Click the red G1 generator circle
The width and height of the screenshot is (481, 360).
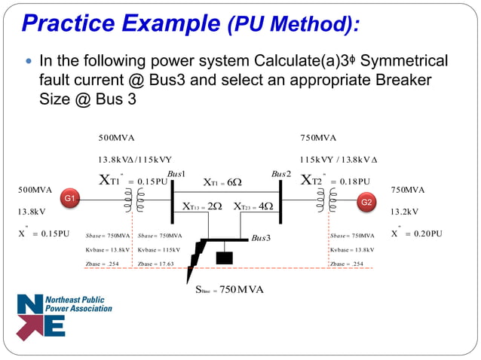point(69,198)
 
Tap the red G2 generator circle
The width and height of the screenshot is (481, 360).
point(366,202)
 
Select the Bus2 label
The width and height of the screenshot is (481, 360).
point(281,174)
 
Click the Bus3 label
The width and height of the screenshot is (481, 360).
point(261,238)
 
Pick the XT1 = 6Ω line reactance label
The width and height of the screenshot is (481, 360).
point(222,182)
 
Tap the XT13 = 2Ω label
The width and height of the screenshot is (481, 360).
point(203,206)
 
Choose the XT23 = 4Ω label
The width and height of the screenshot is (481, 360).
point(253,206)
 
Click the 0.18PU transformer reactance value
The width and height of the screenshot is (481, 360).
point(354,182)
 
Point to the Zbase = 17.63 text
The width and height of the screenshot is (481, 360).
point(156,264)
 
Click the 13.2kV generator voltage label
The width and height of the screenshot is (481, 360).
point(404,212)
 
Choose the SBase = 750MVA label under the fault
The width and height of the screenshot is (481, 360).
point(230,290)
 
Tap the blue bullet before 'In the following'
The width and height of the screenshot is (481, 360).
point(29,60)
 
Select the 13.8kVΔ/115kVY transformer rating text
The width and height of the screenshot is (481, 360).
point(136,160)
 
